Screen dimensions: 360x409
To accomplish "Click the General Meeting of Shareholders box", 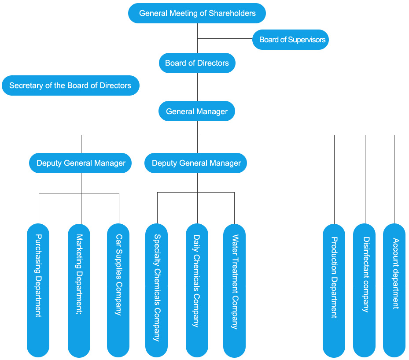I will pos(197,13).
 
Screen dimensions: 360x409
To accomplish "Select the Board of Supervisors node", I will pos(291,40).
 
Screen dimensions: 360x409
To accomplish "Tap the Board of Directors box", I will pos(197,63).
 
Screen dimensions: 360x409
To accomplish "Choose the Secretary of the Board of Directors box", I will pos(70,85).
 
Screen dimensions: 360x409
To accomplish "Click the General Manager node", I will pos(197,111).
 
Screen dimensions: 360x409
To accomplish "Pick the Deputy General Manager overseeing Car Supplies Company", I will pos(81,163).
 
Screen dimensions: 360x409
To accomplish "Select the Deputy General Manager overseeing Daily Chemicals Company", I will pos(196,163).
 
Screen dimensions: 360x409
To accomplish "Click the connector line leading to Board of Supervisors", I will pos(225,39).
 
